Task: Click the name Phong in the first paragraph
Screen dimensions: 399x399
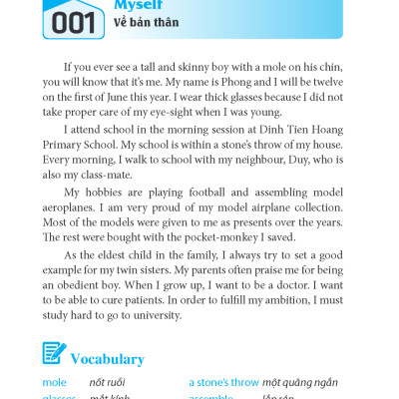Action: pyautogui.click(x=219, y=82)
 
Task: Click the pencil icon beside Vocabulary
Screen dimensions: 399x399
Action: pyautogui.click(x=54, y=355)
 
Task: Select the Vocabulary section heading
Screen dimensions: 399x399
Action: pyautogui.click(x=107, y=358)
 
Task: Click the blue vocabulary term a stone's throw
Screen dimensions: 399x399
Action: pyautogui.click(x=223, y=382)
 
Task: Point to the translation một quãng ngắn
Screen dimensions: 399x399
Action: pyautogui.click(x=299, y=382)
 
